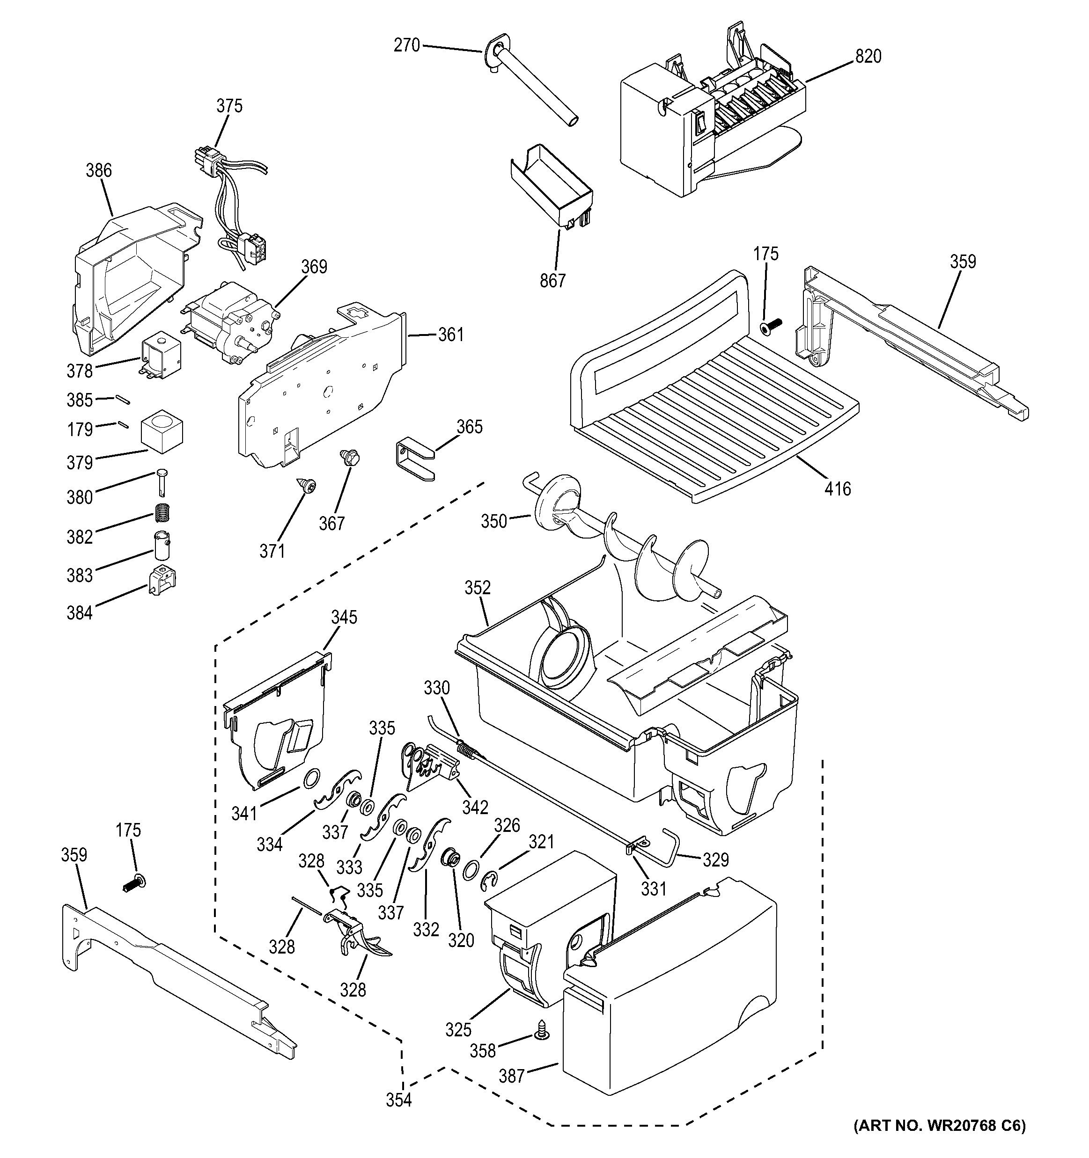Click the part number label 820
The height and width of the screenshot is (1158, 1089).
pos(868,57)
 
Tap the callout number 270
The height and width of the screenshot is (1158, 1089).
pos(406,45)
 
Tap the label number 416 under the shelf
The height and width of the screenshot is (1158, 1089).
pos(837,488)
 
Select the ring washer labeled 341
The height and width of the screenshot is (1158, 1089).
pos(312,777)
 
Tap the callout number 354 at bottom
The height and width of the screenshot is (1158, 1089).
pos(399,1100)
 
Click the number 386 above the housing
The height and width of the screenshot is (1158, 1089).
pos(98,171)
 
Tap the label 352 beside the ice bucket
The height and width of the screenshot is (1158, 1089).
pos(478,588)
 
